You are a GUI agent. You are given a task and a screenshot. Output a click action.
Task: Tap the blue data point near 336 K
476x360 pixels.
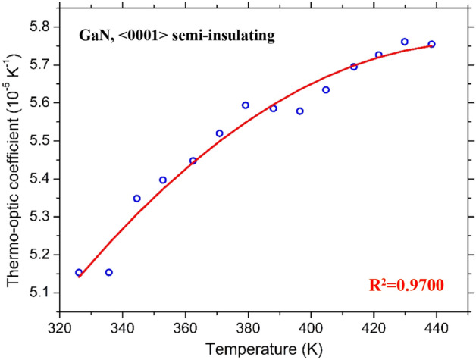pos(108,272)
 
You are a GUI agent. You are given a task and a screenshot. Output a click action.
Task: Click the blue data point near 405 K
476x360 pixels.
pos(326,90)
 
